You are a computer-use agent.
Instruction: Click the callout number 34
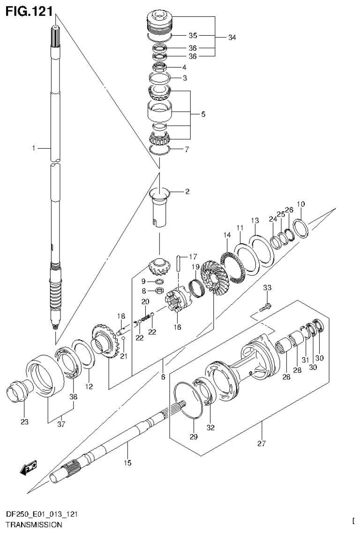tap(232, 38)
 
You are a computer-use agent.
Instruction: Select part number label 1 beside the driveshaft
tap(34, 148)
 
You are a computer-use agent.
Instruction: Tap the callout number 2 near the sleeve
tap(187, 192)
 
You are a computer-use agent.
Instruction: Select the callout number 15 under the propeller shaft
tap(127, 463)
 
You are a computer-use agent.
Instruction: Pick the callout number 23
tap(24, 422)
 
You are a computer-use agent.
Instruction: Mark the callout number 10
tap(300, 204)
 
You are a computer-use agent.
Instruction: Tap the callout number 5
tap(202, 114)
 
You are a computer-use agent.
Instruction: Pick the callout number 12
tap(89, 387)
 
